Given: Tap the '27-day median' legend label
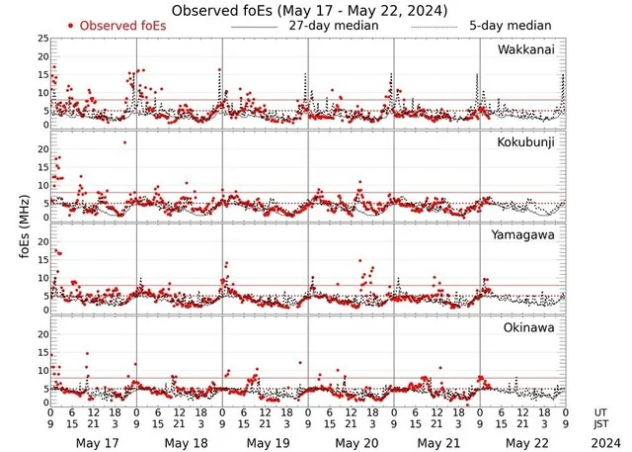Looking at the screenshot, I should click(335, 25).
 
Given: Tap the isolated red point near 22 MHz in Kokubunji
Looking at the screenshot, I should click(124, 142).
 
